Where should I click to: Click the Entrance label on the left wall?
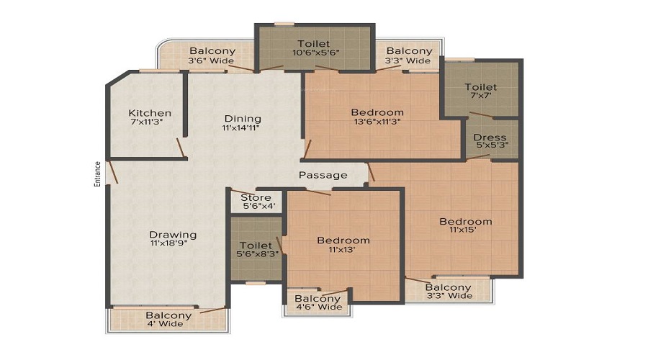[98, 174]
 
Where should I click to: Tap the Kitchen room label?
[150, 113]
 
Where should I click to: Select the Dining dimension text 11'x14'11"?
[242, 128]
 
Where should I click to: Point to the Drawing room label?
[173, 235]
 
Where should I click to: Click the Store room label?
[256, 197]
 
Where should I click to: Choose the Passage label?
[323, 175]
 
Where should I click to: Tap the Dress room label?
[490, 138]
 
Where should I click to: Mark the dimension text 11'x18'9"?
[173, 244]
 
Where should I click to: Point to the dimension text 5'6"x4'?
[256, 206]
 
